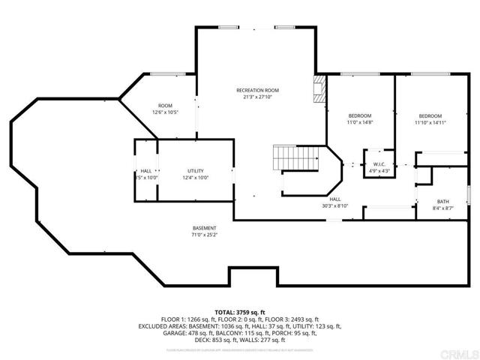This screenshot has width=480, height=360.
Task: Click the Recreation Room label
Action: (256, 89)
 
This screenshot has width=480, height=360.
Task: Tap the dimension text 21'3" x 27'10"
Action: (256, 97)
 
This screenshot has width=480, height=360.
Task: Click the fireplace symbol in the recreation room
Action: (320, 89)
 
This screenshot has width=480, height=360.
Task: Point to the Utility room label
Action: (196, 171)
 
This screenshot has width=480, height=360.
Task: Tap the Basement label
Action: (204, 228)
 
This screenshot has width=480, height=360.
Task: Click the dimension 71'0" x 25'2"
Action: (204, 235)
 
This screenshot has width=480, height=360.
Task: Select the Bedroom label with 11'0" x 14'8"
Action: (360, 115)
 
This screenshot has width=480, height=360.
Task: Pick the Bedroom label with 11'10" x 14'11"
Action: (430, 115)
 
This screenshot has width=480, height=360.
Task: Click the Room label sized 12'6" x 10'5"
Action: (166, 105)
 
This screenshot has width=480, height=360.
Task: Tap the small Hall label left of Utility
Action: (145, 171)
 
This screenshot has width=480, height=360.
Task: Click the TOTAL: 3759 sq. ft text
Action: (240, 312)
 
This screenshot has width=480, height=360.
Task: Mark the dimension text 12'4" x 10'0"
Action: (196, 178)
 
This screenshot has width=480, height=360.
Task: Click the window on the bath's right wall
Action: (469, 193)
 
